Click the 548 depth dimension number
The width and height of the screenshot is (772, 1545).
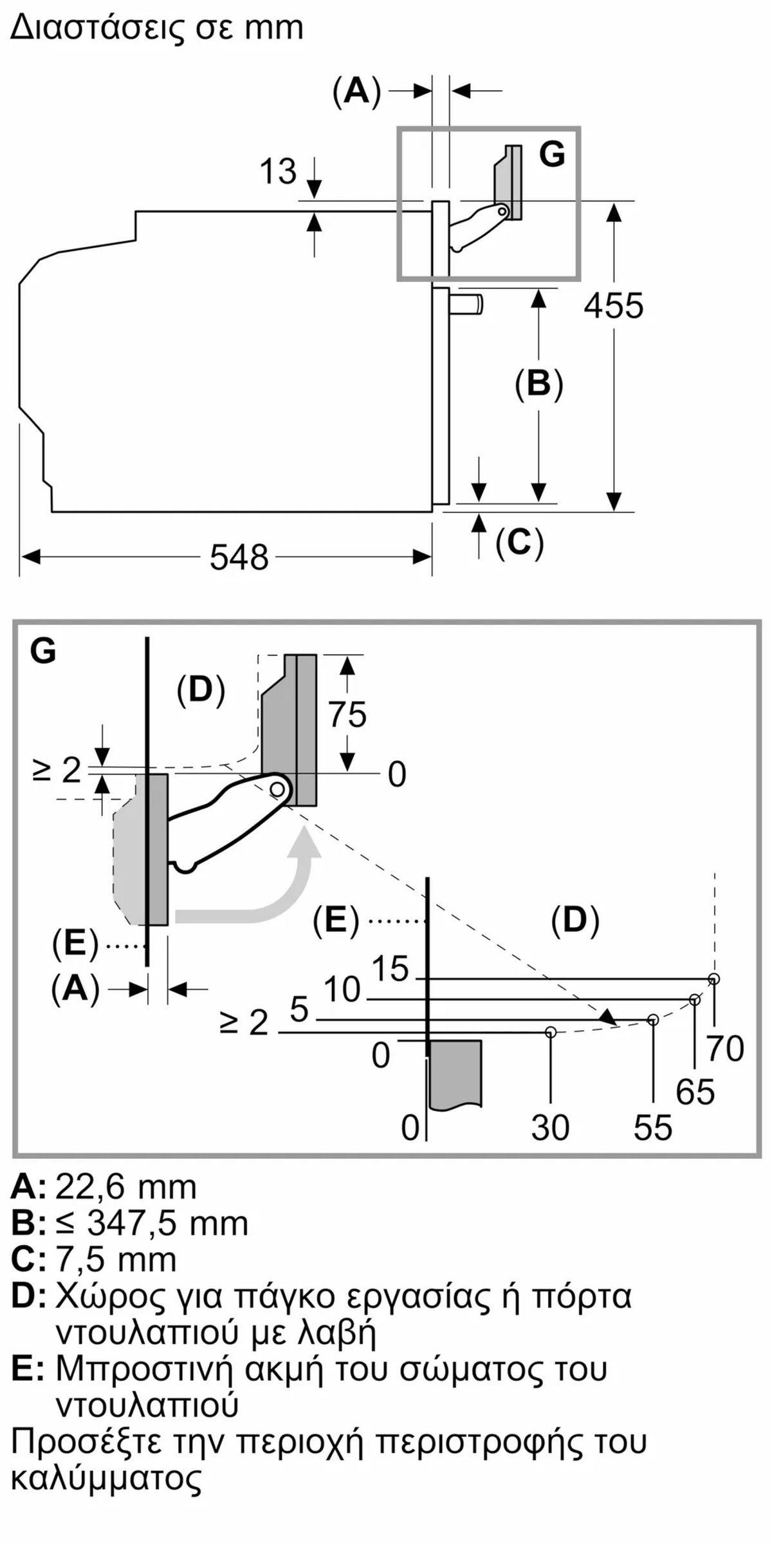tap(239, 557)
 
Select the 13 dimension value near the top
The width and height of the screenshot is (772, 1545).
tap(278, 172)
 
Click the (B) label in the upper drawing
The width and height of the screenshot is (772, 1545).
tap(539, 384)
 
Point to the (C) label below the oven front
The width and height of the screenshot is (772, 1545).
tap(520, 542)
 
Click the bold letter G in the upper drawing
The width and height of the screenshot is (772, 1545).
tap(552, 154)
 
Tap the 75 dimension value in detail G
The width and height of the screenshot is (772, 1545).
tap(347, 715)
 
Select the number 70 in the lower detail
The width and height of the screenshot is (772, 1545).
tap(725, 1049)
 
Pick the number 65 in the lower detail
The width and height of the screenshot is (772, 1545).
tap(695, 1092)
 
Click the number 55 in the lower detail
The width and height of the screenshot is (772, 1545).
tap(653, 1128)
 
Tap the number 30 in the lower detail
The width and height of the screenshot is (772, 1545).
tap(550, 1128)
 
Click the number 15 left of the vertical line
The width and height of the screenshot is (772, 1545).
tap(391, 968)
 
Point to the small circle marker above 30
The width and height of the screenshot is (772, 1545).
tap(550, 1032)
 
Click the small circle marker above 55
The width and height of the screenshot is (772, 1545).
tap(653, 1020)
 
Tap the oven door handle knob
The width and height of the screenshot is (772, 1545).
tap(466, 304)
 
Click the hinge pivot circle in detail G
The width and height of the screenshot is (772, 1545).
tap(277, 788)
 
